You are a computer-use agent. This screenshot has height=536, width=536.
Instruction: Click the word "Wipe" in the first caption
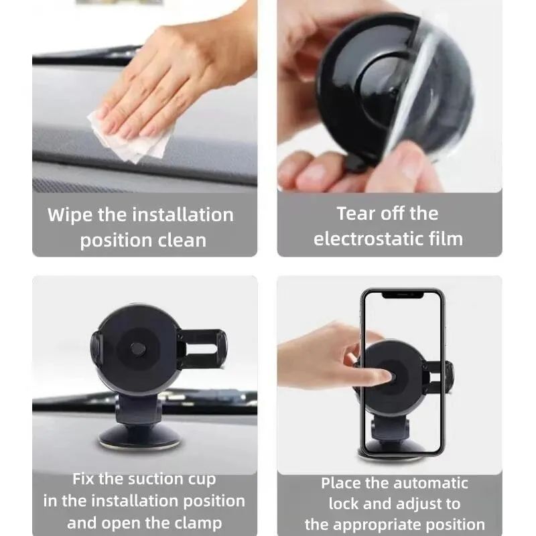tap(70, 215)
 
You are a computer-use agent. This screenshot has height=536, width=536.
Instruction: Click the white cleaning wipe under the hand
tap(127, 137)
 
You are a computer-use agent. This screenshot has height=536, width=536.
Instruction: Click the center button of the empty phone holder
tap(137, 349)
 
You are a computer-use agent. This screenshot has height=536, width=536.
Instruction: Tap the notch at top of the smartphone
tap(402, 294)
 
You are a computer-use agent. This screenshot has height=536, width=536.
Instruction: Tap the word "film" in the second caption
tap(444, 239)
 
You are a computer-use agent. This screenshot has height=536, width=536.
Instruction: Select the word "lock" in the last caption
tap(343, 504)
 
